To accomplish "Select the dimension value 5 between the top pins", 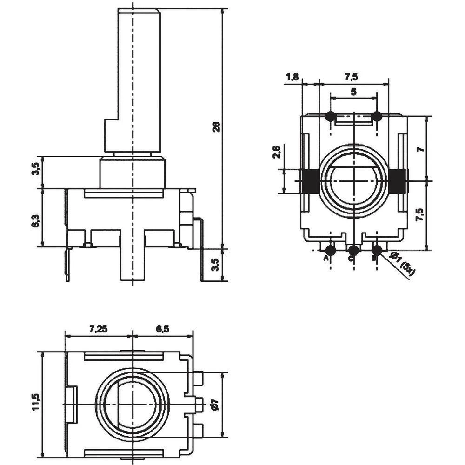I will tap(353, 92).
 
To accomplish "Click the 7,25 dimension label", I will tap(98, 329).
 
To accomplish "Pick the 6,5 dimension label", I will tap(162, 329).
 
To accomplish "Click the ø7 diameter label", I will tap(214, 405).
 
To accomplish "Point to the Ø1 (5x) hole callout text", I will tap(401, 265).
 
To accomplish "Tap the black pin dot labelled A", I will tap(330, 250).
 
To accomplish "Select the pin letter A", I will tap(326, 258).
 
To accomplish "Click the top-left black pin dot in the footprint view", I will tap(331, 116).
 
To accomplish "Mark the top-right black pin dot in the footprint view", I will tap(377, 116).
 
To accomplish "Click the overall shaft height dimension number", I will tap(215, 127).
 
